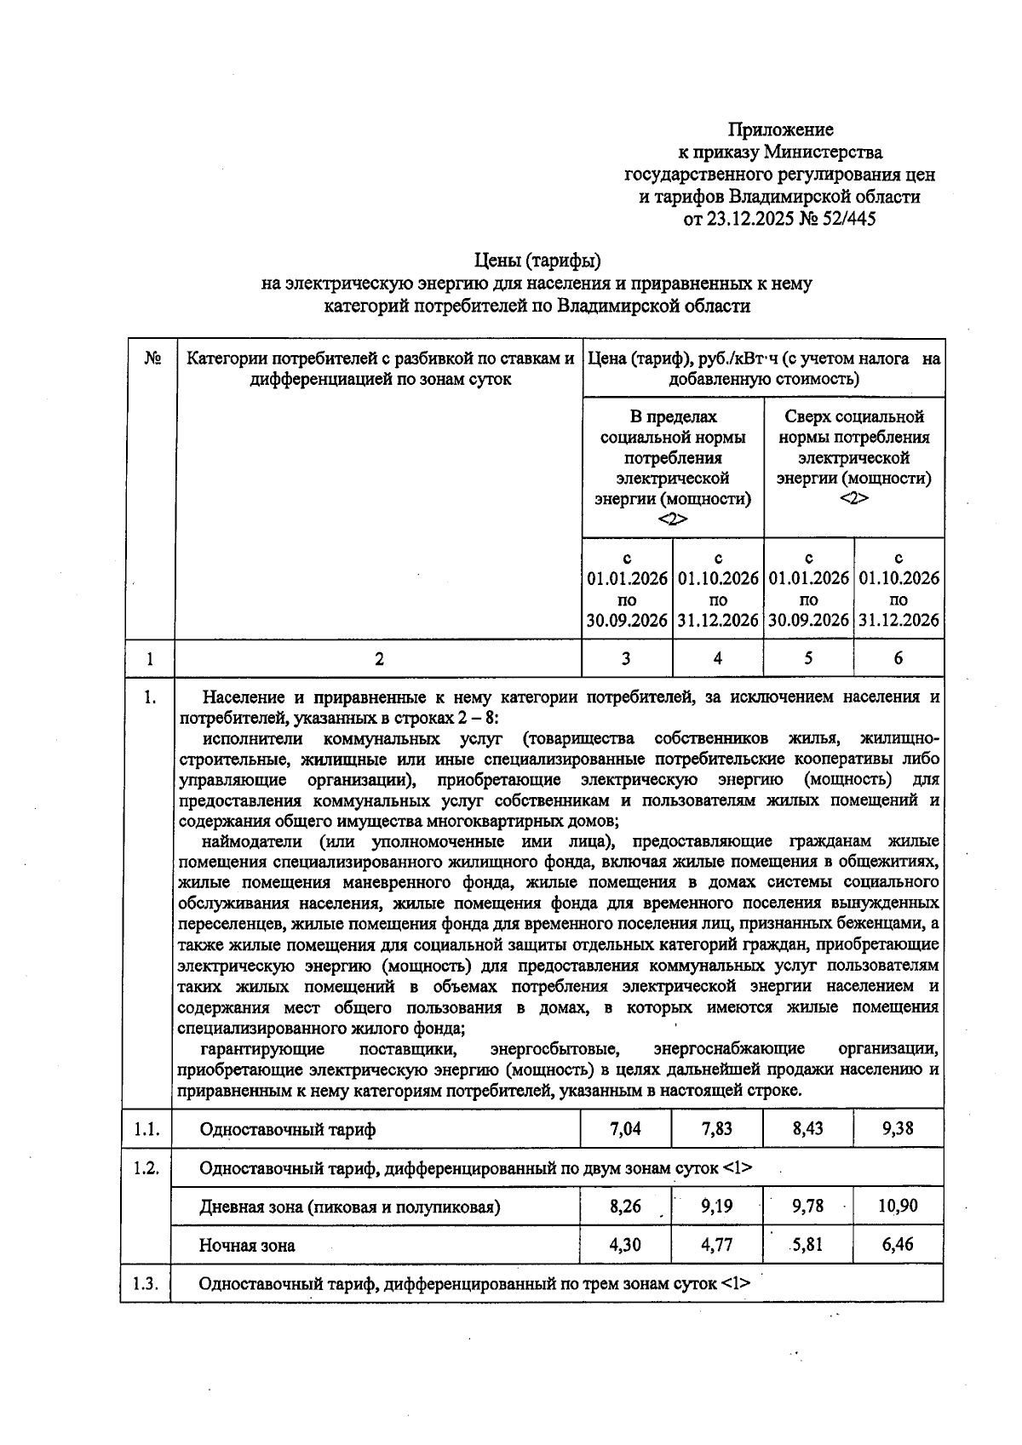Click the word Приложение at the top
780,130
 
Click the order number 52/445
847,219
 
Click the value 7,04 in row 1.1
626,1129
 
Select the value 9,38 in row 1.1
898,1129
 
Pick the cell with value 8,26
626,1207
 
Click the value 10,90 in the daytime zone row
898,1207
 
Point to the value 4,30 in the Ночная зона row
626,1245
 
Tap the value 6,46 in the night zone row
898,1245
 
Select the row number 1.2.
146,1168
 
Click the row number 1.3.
146,1284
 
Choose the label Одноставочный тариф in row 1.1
287,1130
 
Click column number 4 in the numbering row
718,658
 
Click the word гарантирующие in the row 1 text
263,1048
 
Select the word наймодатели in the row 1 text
252,842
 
